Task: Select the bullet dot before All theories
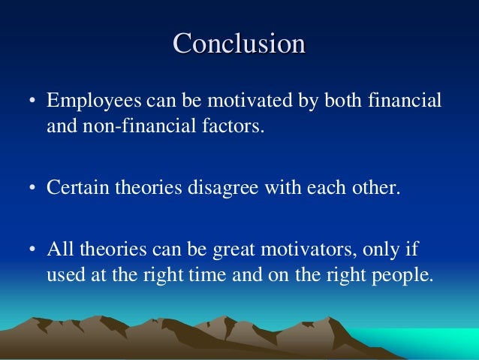coord(34,249)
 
